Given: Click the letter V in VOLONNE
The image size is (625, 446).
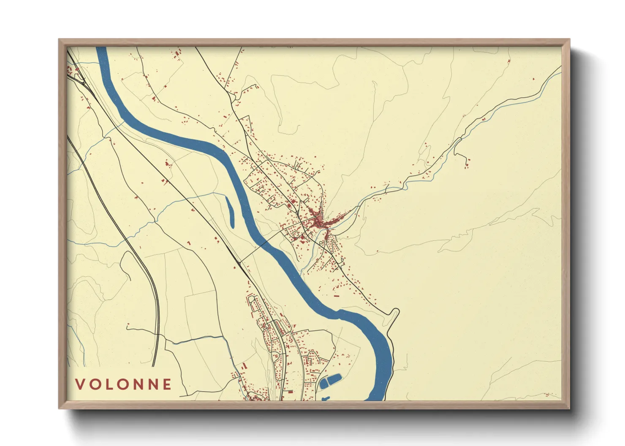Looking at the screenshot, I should pos(80,384).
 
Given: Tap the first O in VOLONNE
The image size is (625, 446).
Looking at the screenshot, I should pos(94,384).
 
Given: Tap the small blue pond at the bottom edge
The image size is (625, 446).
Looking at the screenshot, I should pos(325,398).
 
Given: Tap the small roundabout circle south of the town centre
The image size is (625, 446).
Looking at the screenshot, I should pos(321,243).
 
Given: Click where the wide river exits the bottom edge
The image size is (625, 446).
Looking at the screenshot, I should pos(375,398).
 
